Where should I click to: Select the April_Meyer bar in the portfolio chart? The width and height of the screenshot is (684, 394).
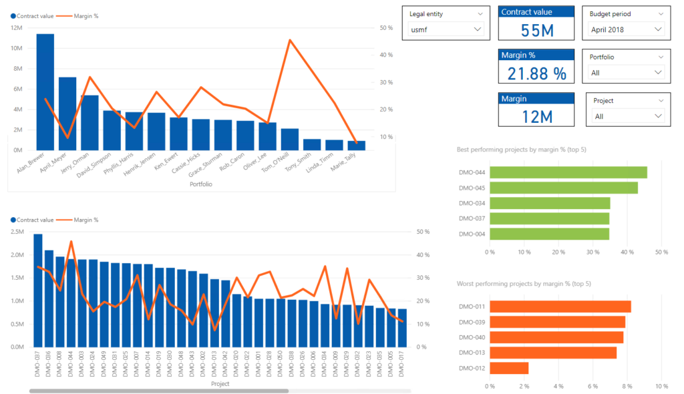(x=67, y=114)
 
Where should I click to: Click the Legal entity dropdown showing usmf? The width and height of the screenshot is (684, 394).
(x=446, y=29)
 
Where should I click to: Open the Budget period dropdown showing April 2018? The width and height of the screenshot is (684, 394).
(x=627, y=29)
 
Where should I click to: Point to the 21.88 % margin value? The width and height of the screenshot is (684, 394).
(x=536, y=72)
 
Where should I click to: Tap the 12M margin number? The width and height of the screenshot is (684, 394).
(x=536, y=116)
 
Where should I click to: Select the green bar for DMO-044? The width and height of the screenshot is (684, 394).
(x=568, y=172)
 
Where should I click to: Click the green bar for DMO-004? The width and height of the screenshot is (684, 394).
(x=549, y=234)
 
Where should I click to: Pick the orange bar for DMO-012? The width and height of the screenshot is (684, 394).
(x=509, y=368)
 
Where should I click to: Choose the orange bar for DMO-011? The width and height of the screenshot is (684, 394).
(x=560, y=307)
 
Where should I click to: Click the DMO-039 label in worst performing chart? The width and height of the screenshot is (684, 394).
(x=472, y=322)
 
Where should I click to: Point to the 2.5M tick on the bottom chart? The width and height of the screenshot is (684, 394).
(x=18, y=232)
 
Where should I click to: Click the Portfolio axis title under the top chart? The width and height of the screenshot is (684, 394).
(x=201, y=184)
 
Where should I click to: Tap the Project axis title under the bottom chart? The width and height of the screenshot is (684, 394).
(x=220, y=384)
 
